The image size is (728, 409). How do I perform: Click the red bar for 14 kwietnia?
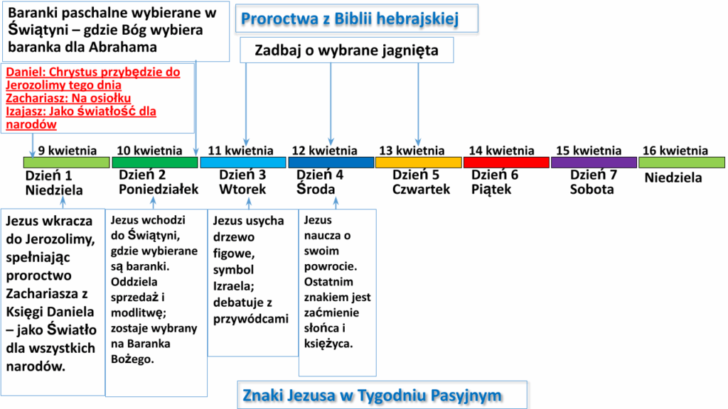click(x=506, y=163)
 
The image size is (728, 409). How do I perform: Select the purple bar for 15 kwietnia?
click(x=594, y=163)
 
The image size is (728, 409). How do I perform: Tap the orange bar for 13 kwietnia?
click(x=418, y=163)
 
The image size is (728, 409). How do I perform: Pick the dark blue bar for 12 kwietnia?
click(x=331, y=163)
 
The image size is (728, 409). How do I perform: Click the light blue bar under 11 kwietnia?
click(x=243, y=163)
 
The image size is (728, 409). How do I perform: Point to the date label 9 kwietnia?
click(x=68, y=151)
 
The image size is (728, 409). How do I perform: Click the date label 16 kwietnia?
click(x=675, y=151)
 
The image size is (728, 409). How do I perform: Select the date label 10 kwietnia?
click(x=149, y=151)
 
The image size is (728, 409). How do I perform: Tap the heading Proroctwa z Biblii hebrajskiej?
click(x=350, y=19)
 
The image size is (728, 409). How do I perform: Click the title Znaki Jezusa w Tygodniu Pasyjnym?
click(x=372, y=396)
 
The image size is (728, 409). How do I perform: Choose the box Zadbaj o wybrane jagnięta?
click(x=346, y=50)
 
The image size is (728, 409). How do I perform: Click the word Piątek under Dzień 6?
click(x=491, y=189)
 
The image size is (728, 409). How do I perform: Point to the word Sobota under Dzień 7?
click(x=592, y=189)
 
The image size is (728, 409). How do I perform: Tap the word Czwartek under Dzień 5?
click(x=421, y=189)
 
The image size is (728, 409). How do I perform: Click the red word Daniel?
click(x=26, y=72)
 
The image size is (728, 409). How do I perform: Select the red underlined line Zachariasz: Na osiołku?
click(x=68, y=98)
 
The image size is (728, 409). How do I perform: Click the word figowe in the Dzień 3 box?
click(x=233, y=254)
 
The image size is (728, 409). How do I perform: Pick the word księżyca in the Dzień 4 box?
click(x=328, y=344)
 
